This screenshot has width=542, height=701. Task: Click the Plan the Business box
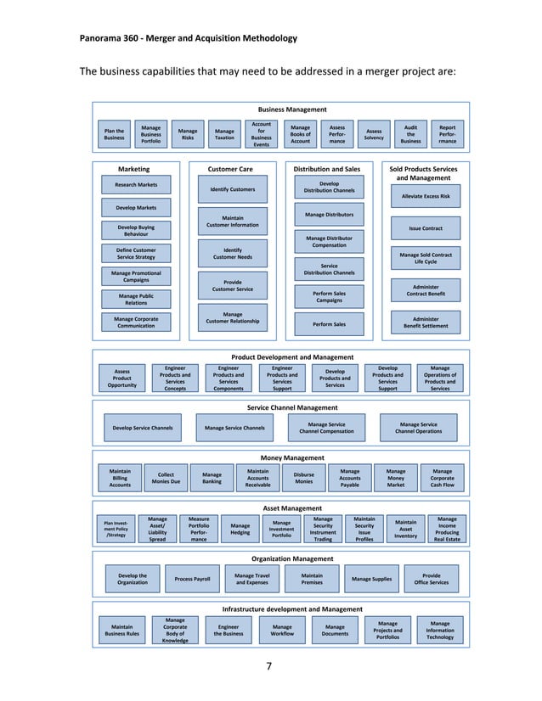tap(114, 135)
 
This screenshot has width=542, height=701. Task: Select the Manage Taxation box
tap(224, 135)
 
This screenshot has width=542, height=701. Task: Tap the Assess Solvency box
tap(374, 135)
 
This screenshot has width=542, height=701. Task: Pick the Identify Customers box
tap(232, 189)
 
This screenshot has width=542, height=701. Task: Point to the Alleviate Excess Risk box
tap(426, 196)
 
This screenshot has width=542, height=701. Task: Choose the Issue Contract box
tap(426, 228)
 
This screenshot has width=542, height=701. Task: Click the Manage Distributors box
tap(329, 215)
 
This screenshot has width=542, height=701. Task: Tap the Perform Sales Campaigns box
tap(329, 296)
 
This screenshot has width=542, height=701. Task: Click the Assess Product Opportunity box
tap(121, 378)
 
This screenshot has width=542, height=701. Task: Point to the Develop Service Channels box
tap(143, 428)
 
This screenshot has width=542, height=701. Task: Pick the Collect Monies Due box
tap(166, 478)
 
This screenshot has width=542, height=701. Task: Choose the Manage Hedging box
tap(240, 529)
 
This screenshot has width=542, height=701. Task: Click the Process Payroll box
tap(192, 579)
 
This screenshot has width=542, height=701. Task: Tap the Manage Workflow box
tap(282, 630)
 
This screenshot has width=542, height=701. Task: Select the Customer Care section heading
tap(231, 169)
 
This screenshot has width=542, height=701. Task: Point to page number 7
tap(269, 665)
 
